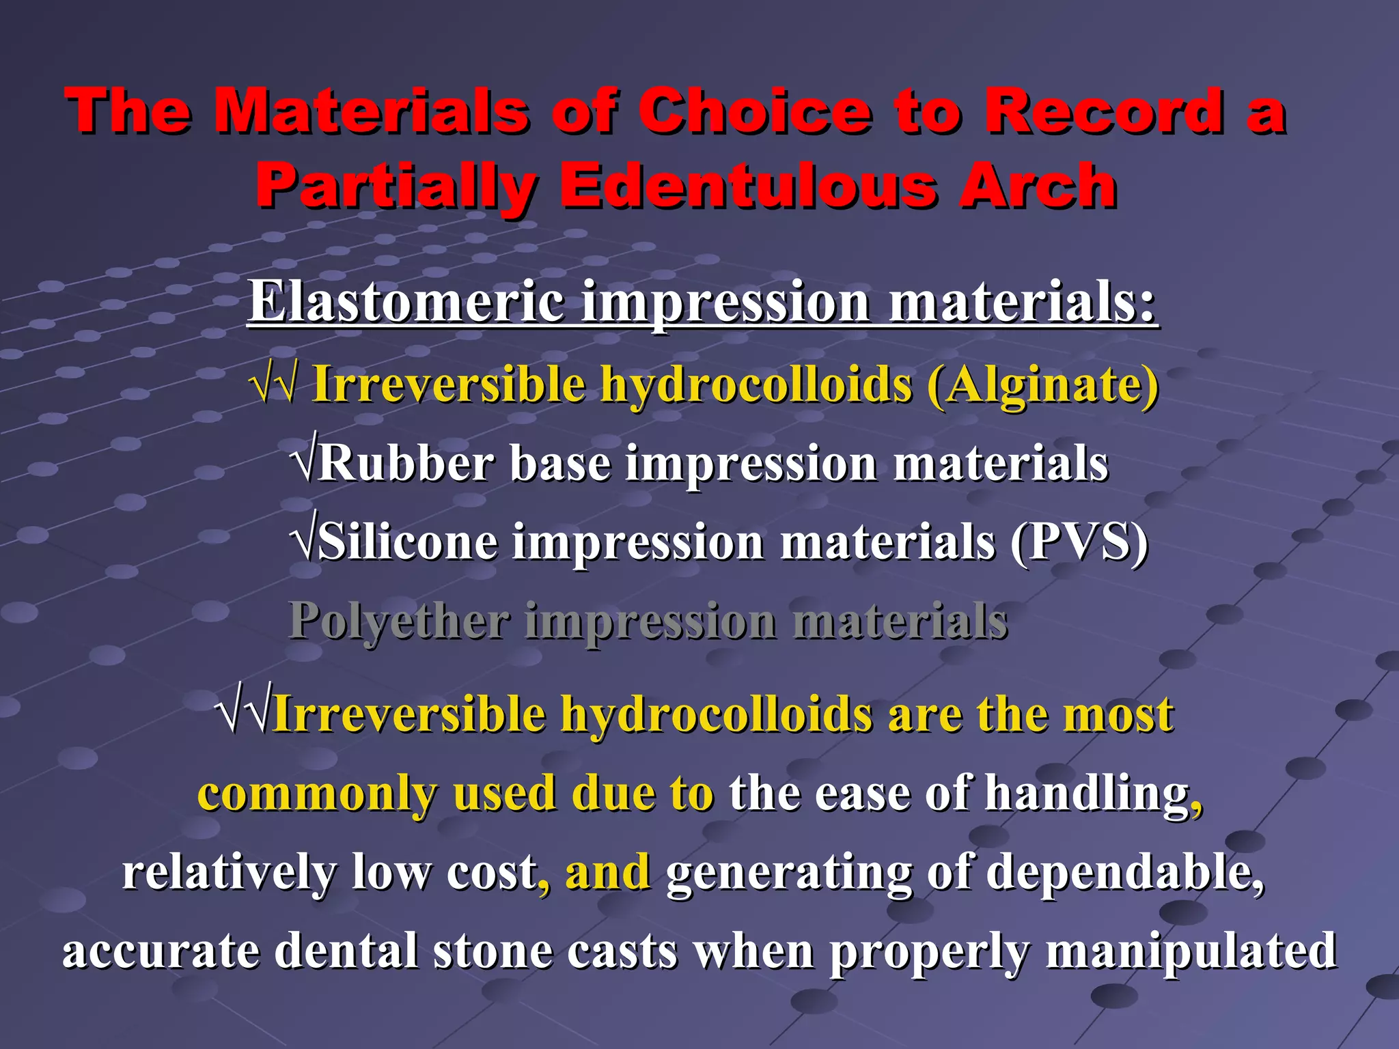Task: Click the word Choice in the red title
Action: pos(754,111)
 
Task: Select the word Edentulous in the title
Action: pos(749,186)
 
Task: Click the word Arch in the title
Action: pos(1038,186)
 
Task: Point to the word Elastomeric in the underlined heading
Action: pos(406,301)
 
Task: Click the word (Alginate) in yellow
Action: pos(1043,384)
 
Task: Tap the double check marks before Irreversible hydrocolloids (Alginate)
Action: pos(274,384)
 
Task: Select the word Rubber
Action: pos(406,464)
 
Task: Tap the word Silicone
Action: pos(408,542)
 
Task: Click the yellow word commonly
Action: pos(317,794)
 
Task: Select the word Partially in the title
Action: pos(396,186)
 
